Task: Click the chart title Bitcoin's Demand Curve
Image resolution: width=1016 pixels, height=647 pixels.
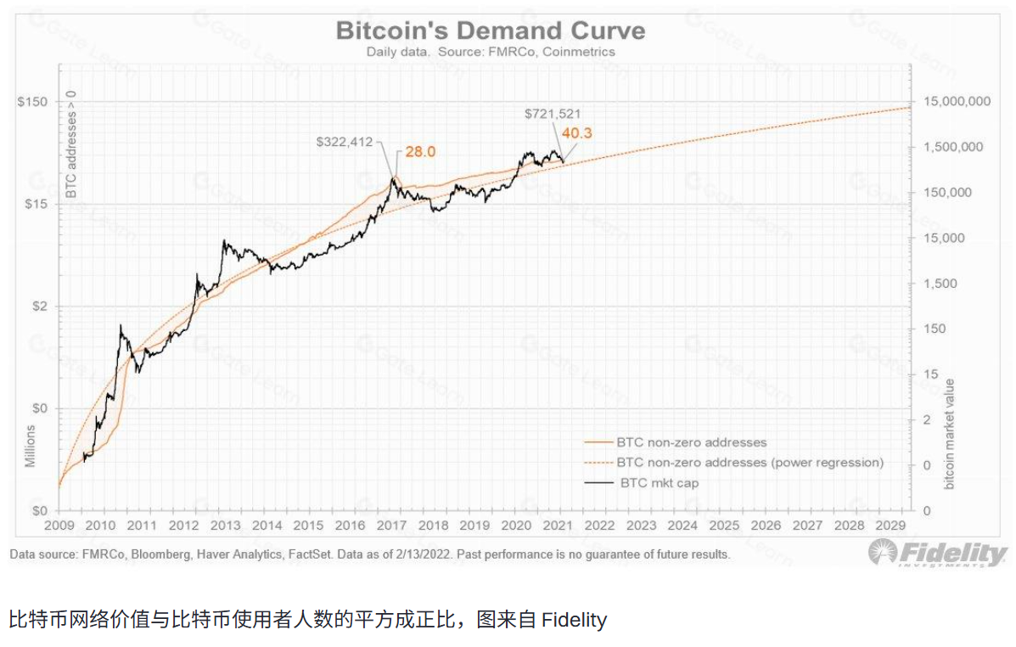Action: click(x=491, y=31)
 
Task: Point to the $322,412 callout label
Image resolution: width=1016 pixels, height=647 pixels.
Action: click(x=345, y=142)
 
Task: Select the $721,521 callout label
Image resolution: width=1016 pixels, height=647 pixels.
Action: click(x=553, y=114)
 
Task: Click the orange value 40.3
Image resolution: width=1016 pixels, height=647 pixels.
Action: click(x=575, y=133)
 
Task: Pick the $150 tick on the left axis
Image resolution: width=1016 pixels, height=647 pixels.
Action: click(x=32, y=102)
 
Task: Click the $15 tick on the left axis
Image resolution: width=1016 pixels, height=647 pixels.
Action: click(x=35, y=205)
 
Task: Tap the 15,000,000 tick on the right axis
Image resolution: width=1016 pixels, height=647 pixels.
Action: click(x=956, y=102)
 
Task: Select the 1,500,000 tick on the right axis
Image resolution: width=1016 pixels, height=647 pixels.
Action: click(x=952, y=147)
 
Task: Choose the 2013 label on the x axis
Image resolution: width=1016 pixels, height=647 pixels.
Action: click(x=226, y=526)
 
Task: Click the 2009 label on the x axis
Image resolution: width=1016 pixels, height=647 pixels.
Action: click(x=59, y=526)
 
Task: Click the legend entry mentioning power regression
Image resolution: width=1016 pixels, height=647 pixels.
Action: click(x=749, y=463)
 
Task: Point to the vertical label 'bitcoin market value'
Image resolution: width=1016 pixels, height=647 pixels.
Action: click(x=950, y=433)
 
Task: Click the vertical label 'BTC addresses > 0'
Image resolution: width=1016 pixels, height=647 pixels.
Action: click(x=72, y=144)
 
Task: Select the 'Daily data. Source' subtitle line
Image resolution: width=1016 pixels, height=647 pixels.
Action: click(x=491, y=52)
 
